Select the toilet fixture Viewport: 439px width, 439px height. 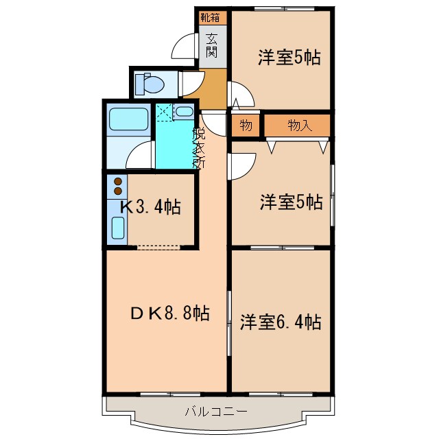click(150, 84)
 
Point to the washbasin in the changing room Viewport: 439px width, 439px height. click(184, 112)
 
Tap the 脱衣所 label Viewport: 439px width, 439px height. click(199, 147)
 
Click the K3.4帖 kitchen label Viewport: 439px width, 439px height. click(151, 206)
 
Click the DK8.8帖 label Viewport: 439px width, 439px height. click(169, 313)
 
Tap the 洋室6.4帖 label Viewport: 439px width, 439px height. click(281, 321)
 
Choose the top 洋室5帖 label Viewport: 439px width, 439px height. click(289, 58)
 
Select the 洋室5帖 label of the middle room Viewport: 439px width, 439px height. click(290, 202)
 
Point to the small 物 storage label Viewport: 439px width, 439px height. click(246, 126)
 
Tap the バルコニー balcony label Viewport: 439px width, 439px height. click(215, 412)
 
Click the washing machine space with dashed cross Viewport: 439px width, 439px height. click(164, 112)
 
